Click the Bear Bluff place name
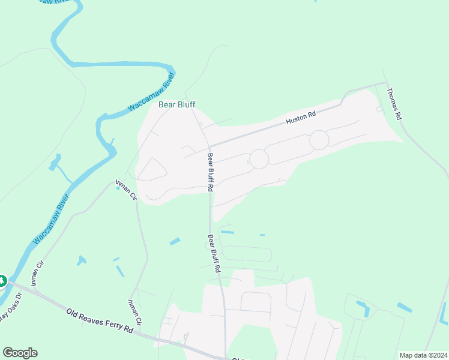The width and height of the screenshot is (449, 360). tap(177, 104)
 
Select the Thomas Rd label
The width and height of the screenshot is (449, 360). tap(393, 104)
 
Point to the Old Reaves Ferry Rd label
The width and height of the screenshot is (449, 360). tap(100, 321)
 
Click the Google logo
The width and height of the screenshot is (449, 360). tap(20, 353)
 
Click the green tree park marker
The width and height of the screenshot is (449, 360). tap(2, 280)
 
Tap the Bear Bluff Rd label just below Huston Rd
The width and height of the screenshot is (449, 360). tap(211, 172)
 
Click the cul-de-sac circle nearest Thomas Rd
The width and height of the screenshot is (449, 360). tap(319, 140)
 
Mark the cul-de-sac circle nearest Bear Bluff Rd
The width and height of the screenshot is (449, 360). tap(259, 159)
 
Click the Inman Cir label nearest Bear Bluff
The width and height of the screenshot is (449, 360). tap(127, 190)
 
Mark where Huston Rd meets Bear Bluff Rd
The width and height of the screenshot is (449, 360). tap(209, 146)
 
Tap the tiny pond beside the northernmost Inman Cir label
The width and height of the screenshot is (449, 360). tap(117, 187)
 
